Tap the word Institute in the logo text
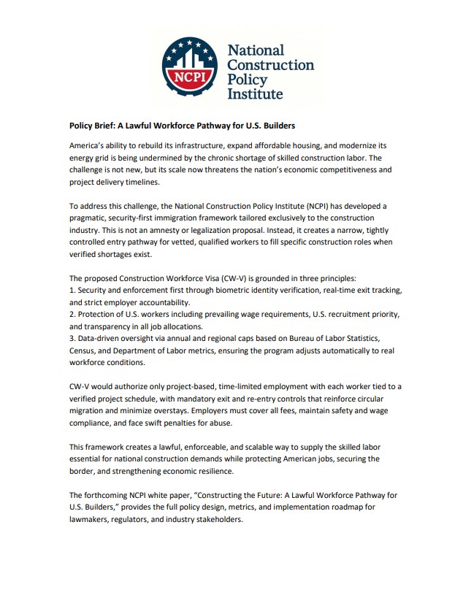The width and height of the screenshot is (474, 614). [255, 94]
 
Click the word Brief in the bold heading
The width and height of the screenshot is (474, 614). [112, 125]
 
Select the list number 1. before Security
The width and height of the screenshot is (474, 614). [72, 291]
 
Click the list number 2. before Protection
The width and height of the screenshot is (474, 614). [72, 314]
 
